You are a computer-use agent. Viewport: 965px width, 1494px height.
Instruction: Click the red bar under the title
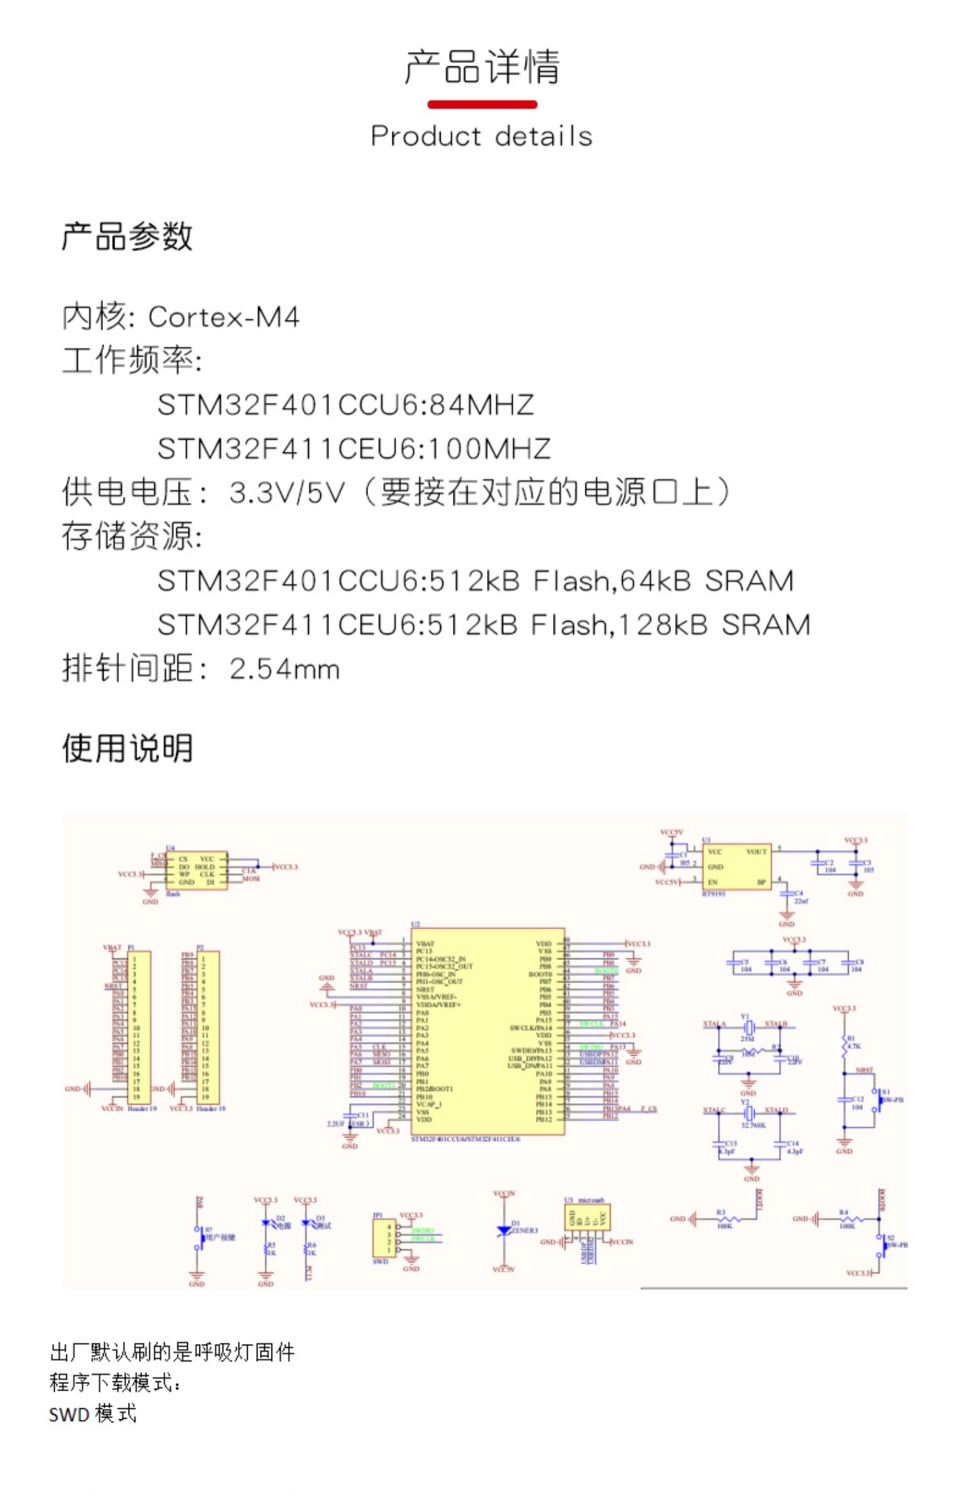482,104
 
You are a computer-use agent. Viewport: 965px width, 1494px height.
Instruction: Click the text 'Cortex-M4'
223,317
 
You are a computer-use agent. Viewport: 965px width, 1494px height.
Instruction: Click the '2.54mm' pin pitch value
284,669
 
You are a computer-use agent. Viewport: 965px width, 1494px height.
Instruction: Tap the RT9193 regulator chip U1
736,867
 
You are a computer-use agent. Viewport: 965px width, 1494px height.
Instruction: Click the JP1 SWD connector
384,1237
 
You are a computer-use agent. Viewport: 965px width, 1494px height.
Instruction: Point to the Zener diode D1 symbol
504,1231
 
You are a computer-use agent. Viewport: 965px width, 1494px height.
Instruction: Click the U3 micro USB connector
587,1217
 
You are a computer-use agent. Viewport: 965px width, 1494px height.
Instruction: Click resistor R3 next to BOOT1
728,1219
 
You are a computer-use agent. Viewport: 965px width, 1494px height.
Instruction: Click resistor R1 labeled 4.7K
844,1047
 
